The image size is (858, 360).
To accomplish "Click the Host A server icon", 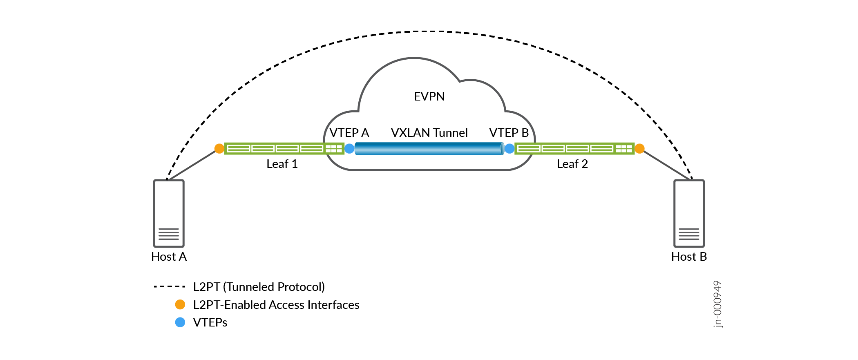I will point(169,213).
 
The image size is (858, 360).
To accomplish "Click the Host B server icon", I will point(689,213).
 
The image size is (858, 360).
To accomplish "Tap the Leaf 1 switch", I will point(284,148).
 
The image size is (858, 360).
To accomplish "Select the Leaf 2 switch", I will point(574,148).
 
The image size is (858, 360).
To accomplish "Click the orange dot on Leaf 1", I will point(219,148).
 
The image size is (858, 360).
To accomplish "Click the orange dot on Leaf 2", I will point(640,148).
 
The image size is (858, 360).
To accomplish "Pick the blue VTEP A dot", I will point(349,148).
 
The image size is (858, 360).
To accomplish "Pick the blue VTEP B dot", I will point(509,148).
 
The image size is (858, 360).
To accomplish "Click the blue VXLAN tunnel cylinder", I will point(429,148).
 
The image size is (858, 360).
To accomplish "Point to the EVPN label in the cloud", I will point(429,96).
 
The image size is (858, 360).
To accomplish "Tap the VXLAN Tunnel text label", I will point(429,133).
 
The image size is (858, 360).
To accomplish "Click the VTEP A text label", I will point(349,133).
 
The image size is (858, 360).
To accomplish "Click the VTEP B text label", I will point(509,133).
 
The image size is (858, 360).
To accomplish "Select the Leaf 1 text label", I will point(282,164).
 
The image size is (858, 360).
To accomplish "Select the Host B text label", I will point(689,257).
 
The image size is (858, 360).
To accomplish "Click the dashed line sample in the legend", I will point(170,287).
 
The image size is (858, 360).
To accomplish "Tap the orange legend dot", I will point(180,304).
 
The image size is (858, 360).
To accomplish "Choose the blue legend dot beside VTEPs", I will point(180,322).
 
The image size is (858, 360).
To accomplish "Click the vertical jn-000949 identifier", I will point(717,304).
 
